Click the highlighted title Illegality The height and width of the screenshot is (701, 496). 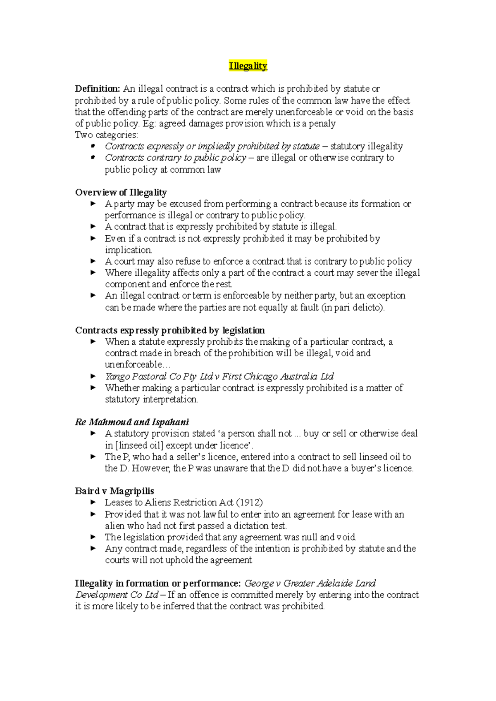pyautogui.click(x=248, y=66)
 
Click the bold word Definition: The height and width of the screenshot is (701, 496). pyautogui.click(x=98, y=89)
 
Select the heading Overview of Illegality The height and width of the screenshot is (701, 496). pyautogui.click(x=121, y=192)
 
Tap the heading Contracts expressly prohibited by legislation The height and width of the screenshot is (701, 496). pyautogui.click(x=170, y=330)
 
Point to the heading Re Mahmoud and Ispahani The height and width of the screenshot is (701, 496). pyautogui.click(x=132, y=422)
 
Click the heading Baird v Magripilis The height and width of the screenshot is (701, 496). pyautogui.click(x=114, y=491)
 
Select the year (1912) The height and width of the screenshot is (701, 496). pyautogui.click(x=249, y=502)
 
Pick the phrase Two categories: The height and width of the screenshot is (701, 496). pyautogui.click(x=107, y=135)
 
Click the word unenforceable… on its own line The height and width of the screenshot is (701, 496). pyautogui.click(x=137, y=365)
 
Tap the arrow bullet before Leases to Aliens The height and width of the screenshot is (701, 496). pyautogui.click(x=93, y=502)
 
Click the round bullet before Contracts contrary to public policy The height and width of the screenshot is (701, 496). pyautogui.click(x=93, y=157)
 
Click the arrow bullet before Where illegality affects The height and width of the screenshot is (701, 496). pyautogui.click(x=93, y=272)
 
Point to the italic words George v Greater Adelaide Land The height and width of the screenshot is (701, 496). pyautogui.click(x=310, y=583)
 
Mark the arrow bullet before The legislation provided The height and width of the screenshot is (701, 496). pyautogui.click(x=93, y=537)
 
